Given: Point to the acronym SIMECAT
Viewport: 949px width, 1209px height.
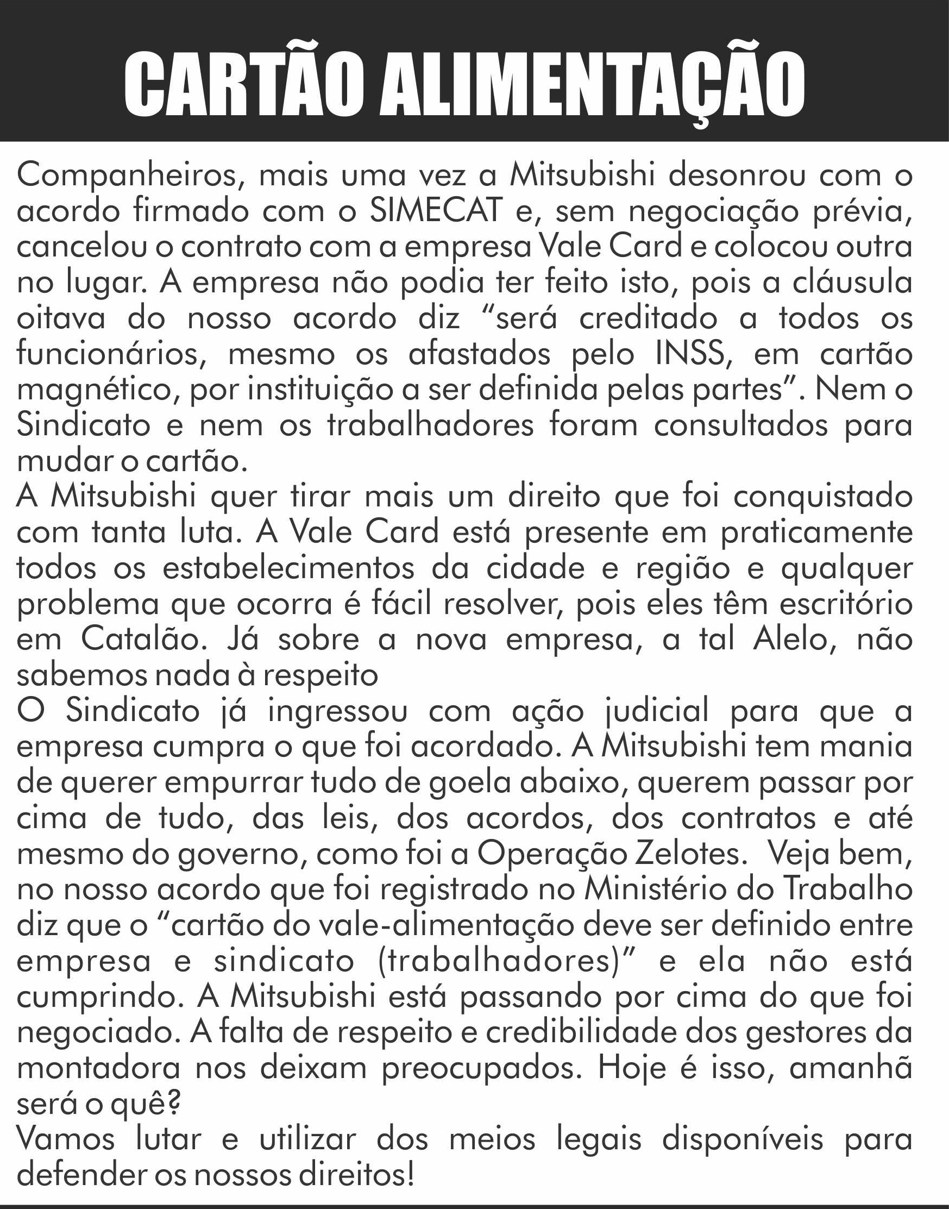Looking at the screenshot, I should pos(436,211).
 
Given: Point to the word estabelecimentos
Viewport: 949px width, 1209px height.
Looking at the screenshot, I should pos(289,568).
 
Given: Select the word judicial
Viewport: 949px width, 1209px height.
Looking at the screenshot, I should pos(656,711).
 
